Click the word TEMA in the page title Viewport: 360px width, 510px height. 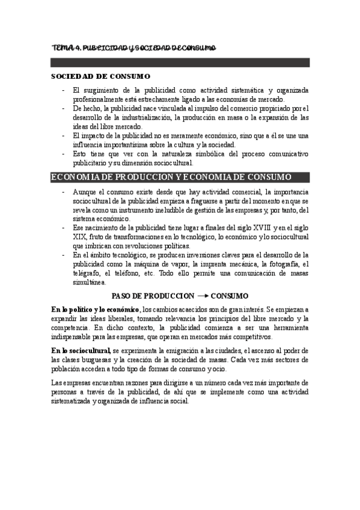(x=60, y=48)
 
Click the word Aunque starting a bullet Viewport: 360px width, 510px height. (x=84, y=191)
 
